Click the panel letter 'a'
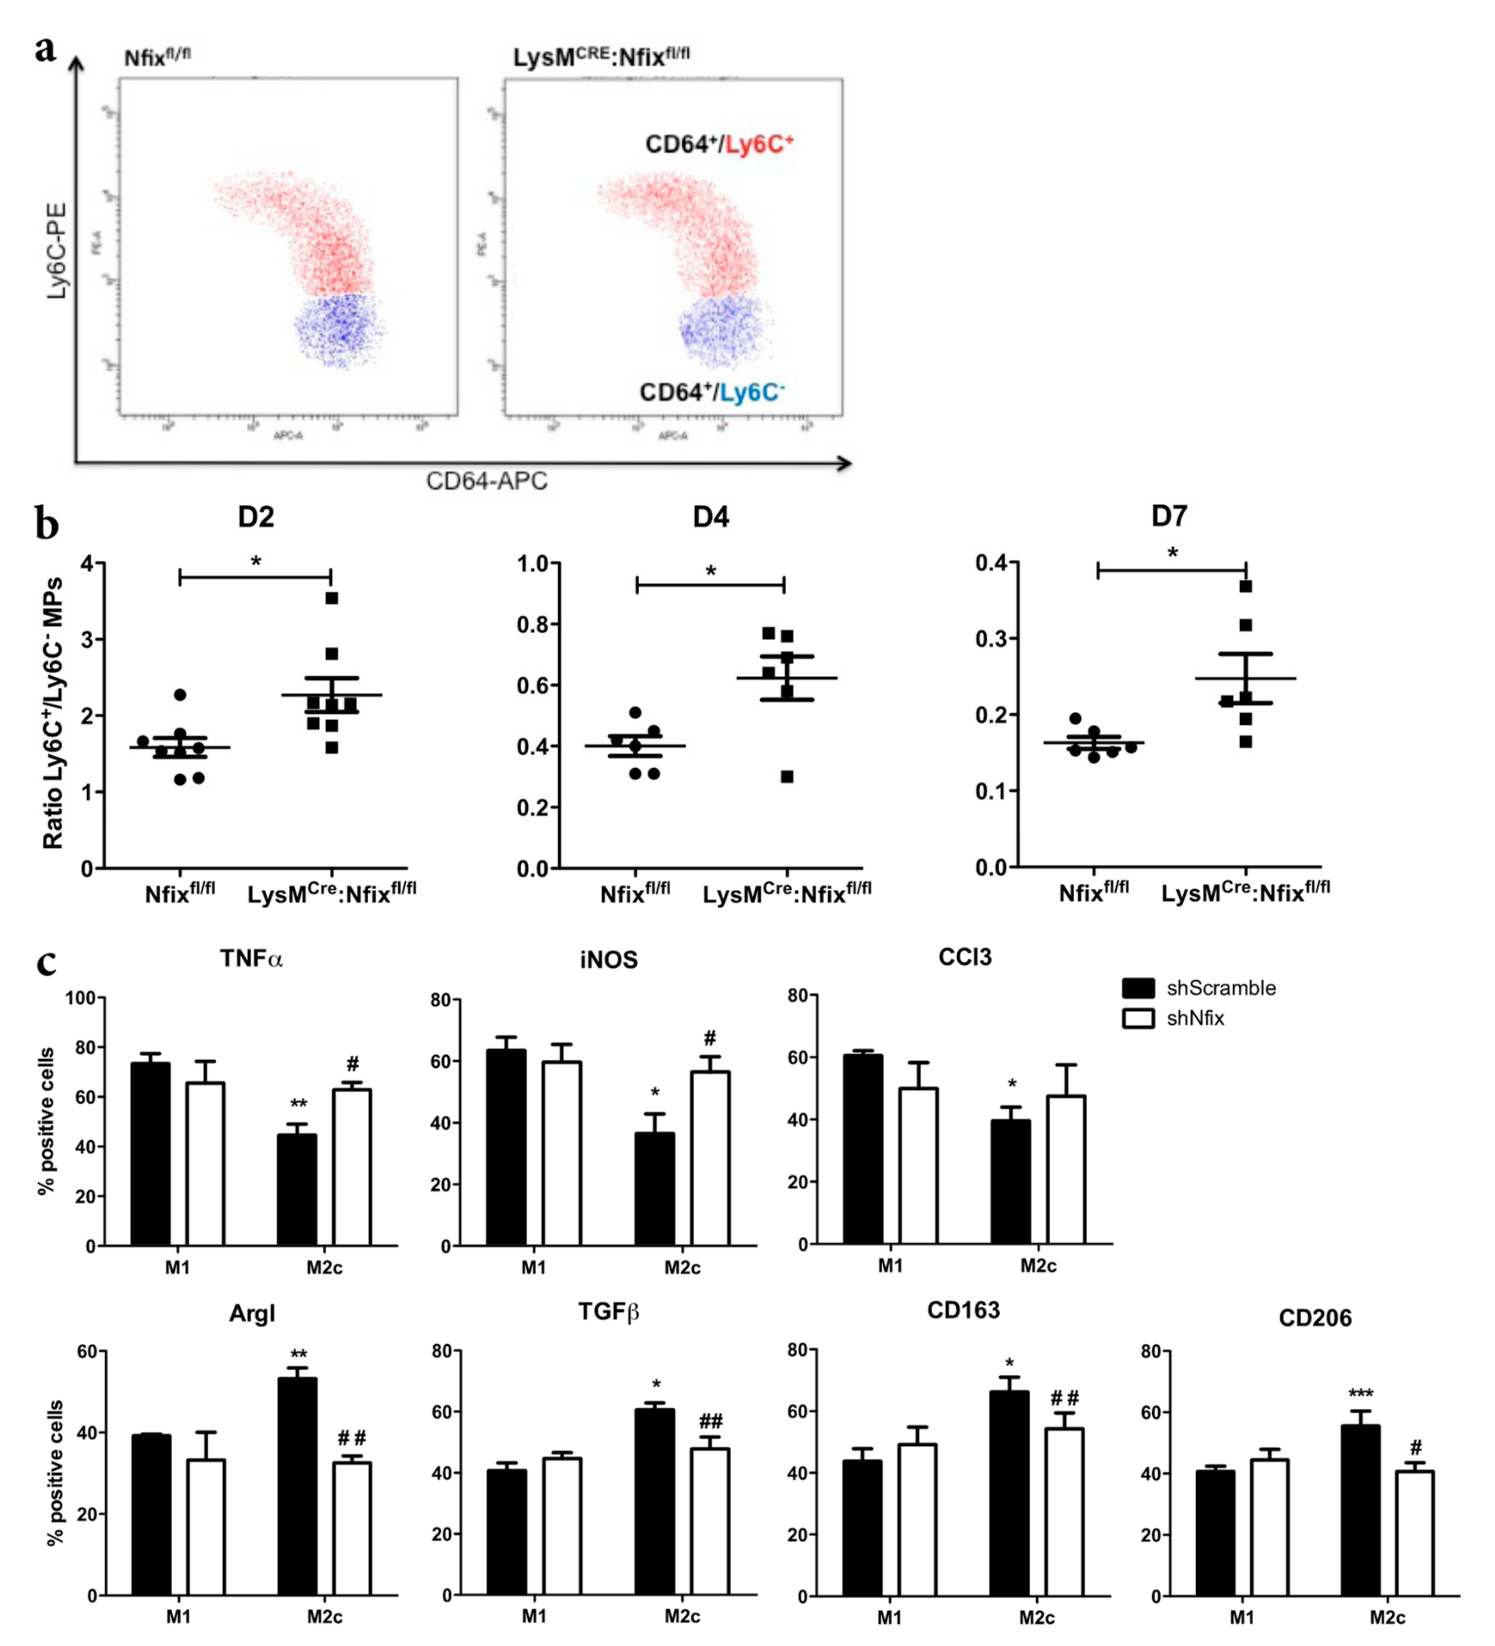point(46,49)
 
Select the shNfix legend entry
point(1173,1018)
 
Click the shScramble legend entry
point(1198,988)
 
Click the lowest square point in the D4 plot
point(787,776)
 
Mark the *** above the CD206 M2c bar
point(1360,1394)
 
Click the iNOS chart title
point(609,959)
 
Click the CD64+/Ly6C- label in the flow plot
point(711,393)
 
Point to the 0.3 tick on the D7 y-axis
point(991,638)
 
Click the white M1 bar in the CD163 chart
point(917,1520)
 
